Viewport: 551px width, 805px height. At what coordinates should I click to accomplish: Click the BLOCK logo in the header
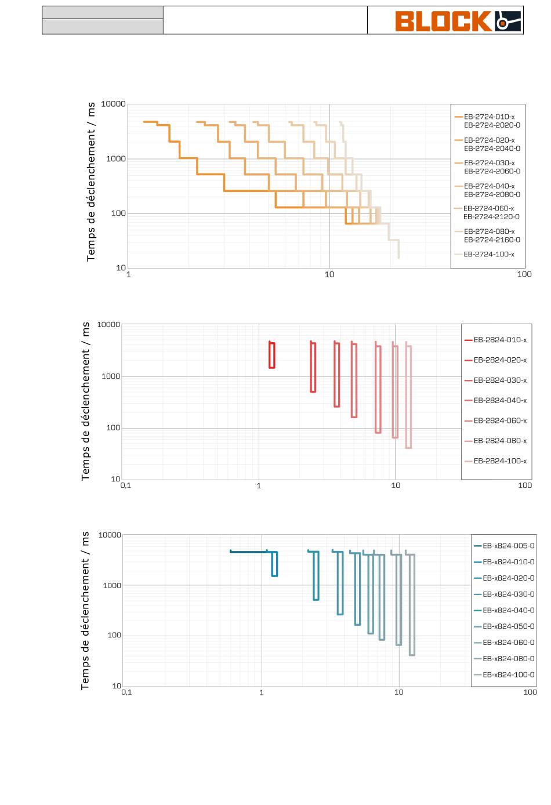coord(458,21)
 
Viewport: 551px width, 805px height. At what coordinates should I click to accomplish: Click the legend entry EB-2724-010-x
coord(489,117)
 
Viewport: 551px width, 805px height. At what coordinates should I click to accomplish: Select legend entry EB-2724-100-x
coord(489,255)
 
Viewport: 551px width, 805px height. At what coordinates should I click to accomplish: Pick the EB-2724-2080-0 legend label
coord(492,194)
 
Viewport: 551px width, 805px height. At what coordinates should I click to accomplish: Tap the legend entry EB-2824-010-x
coord(500,340)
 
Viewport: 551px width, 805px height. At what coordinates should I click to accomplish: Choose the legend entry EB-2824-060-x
coord(500,420)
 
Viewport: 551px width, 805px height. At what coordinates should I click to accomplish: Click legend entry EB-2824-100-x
coord(500,461)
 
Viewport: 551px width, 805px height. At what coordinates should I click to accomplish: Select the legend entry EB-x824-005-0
coord(508,546)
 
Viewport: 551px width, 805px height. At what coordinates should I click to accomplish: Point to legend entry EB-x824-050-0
coord(508,626)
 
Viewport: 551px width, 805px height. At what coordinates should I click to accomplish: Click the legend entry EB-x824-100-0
coord(508,675)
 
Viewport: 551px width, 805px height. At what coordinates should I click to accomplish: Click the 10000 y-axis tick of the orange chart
coord(113,104)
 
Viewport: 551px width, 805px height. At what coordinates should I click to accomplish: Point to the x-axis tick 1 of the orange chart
coord(128,275)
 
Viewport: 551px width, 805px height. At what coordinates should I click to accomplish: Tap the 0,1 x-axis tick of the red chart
coord(126,485)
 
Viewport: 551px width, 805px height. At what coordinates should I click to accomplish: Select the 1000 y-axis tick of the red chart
coord(111,376)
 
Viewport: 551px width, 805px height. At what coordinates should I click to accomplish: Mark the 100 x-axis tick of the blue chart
coord(530,692)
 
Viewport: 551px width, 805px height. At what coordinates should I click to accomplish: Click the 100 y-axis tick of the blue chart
coord(114,636)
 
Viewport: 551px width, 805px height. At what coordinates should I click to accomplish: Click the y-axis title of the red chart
coord(85,401)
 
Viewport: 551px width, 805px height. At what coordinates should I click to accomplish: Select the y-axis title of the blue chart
coord(85,611)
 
